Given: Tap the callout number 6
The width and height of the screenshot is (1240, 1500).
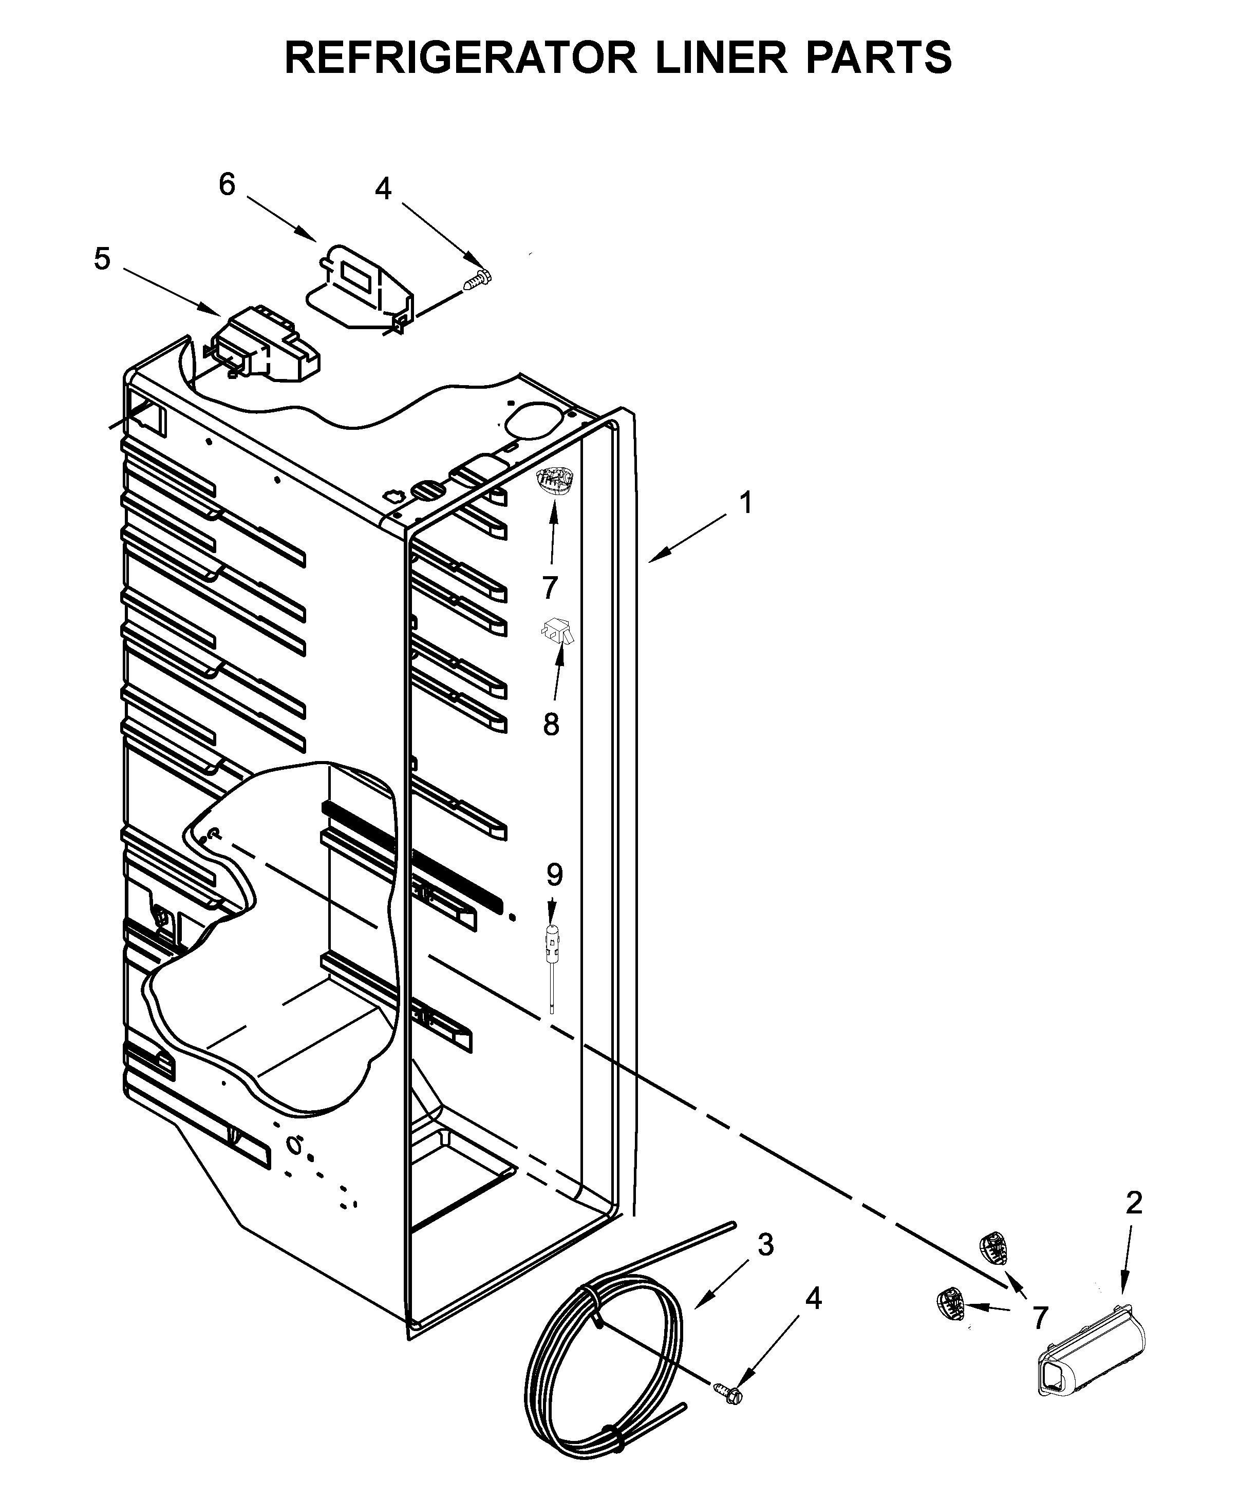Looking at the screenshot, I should point(227,185).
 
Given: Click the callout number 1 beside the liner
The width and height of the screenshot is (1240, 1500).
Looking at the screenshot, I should point(746,503).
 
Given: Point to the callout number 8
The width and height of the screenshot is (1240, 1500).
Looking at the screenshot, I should point(551,725).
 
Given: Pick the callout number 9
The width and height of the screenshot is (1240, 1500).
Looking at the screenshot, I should point(554,875).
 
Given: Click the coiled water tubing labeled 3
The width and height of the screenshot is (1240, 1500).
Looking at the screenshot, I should point(607,1357).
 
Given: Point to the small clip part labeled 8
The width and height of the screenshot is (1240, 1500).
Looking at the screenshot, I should point(557,631).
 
